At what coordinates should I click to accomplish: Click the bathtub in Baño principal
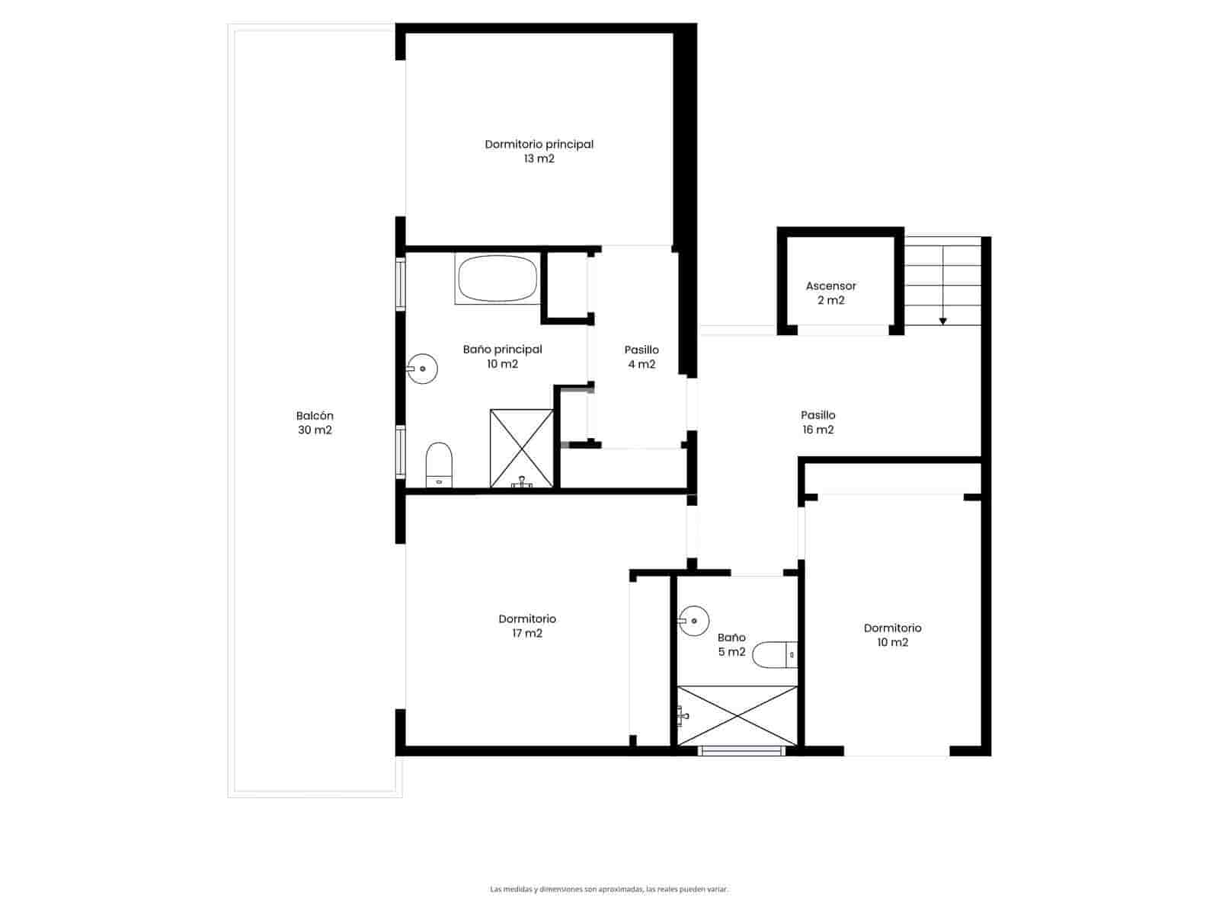[x=498, y=279]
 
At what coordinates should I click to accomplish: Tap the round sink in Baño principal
[x=422, y=369]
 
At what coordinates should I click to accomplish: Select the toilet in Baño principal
[x=439, y=465]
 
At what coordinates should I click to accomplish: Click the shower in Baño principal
[x=522, y=449]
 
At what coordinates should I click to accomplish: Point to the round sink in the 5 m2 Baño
[x=693, y=620]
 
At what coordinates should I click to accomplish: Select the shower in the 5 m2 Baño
[x=737, y=716]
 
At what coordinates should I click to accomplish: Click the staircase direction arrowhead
[x=942, y=321]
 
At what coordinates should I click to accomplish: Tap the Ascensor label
[x=830, y=286]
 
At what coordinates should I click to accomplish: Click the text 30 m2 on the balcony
[x=315, y=430]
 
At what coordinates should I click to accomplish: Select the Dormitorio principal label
[x=539, y=144]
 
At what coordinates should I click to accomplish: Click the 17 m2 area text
[x=527, y=633]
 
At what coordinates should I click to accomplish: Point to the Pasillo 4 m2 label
[x=641, y=356]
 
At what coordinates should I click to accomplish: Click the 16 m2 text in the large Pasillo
[x=818, y=430]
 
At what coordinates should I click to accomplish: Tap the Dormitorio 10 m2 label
[x=892, y=634]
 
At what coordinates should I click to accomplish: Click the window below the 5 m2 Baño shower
[x=741, y=751]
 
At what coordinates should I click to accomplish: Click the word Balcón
[x=315, y=416]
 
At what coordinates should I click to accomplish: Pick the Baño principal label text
[x=502, y=350]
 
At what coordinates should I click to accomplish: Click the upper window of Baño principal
[x=400, y=284]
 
